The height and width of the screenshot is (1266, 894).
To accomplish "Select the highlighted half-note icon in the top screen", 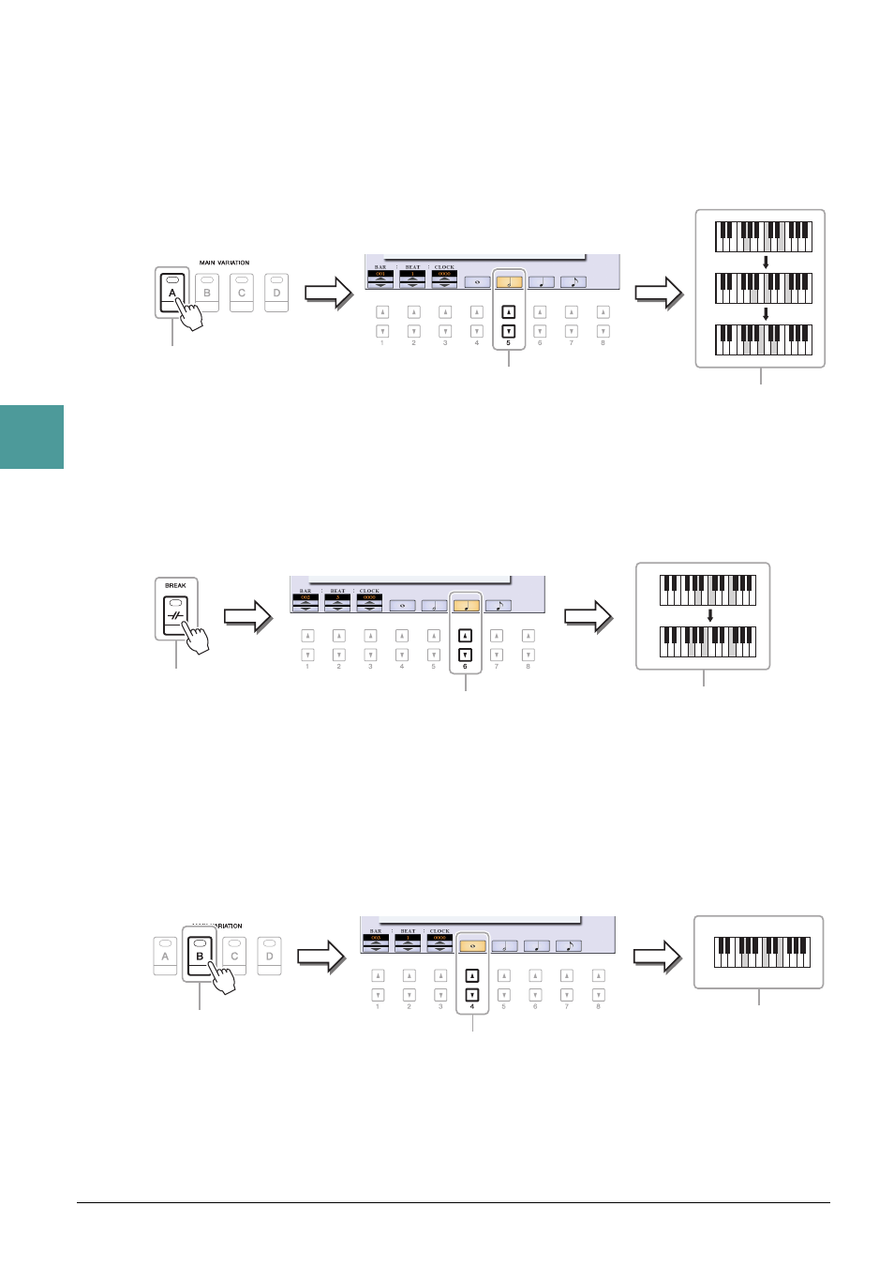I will coord(509,280).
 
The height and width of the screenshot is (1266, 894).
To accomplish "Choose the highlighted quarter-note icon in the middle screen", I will coord(466,606).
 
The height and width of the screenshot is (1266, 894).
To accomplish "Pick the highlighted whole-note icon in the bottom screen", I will coord(472,945).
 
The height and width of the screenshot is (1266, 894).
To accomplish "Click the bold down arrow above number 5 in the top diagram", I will coord(508,331).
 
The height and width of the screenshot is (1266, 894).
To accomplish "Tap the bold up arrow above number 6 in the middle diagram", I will coord(465,635).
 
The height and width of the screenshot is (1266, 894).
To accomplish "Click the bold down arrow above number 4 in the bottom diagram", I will coord(472,995).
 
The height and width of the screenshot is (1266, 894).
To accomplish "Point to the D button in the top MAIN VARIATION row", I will coord(276,292).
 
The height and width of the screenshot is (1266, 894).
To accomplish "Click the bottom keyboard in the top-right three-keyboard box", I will coord(764,339).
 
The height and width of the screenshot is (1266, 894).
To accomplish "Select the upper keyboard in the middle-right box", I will coord(708,591).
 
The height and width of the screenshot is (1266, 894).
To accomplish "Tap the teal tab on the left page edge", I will coord(32,436).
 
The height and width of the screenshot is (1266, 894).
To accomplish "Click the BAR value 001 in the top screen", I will coord(380,274).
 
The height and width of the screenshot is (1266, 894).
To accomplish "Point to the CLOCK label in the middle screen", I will coord(369,591).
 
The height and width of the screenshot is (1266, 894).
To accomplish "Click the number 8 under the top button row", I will coord(603,343).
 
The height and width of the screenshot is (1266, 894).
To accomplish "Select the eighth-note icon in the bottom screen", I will coord(568,945).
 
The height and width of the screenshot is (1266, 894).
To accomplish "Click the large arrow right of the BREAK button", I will coord(247,617).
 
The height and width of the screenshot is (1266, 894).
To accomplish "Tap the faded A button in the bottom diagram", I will coord(165,956).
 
